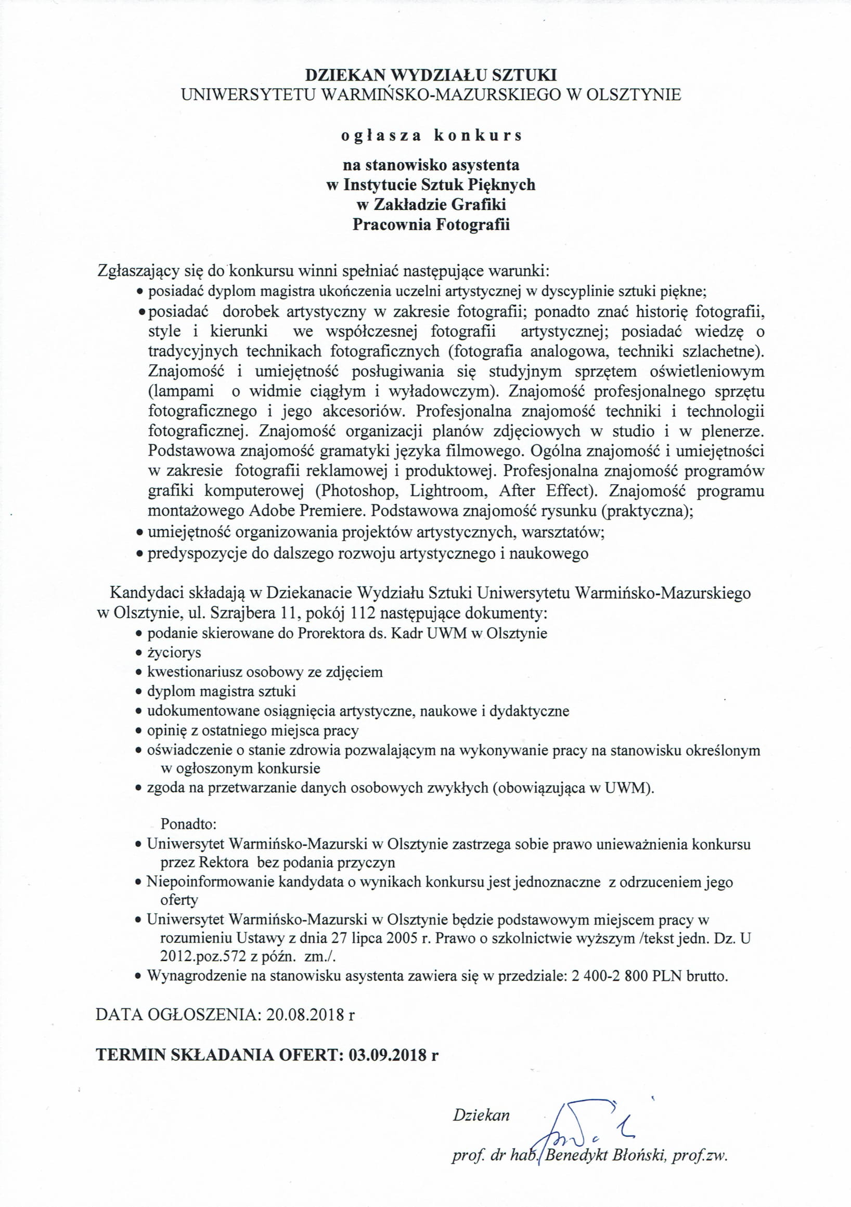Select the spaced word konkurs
click(478, 136)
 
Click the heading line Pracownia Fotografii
click(431, 225)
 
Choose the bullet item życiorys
click(174, 652)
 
